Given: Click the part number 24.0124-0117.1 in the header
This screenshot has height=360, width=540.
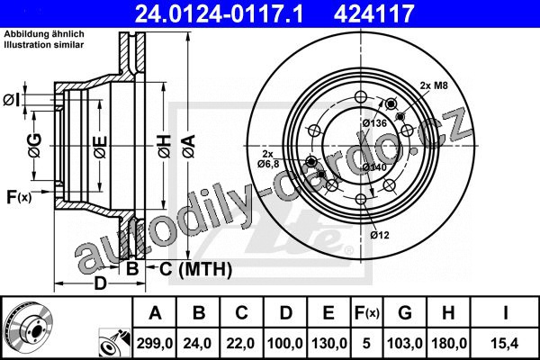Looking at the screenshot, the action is tap(219, 13).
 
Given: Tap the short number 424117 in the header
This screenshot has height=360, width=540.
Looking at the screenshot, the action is tap(373, 13).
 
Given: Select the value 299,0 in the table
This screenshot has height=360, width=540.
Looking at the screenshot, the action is tap(154, 343).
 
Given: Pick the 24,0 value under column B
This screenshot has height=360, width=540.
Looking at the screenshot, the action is tap(197, 343).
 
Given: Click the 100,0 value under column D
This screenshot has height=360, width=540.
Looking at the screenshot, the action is tap(285, 343).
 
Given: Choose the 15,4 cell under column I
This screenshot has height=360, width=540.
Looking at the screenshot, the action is tap(505, 343).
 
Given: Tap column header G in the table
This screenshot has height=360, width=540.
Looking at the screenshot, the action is tap(405, 313).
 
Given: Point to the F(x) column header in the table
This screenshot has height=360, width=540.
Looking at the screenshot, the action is tap(366, 313).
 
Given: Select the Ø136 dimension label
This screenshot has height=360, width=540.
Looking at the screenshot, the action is tap(374, 123).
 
